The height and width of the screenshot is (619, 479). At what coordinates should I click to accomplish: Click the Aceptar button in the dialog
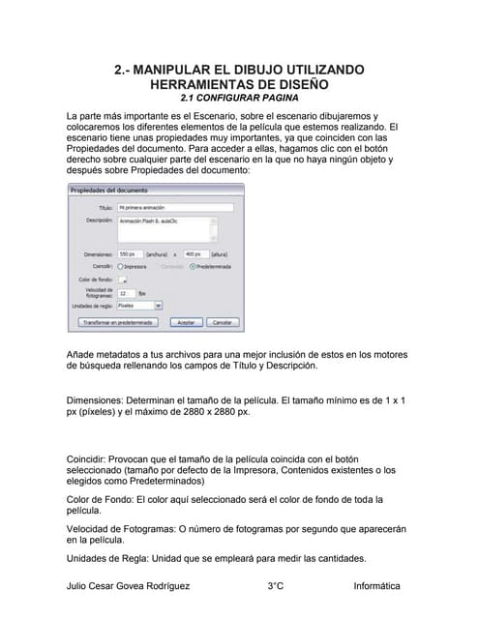click(x=186, y=322)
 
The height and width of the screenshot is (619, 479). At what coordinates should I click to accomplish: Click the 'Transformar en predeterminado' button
click(x=108, y=322)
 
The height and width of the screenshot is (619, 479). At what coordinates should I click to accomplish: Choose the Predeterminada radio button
click(x=193, y=265)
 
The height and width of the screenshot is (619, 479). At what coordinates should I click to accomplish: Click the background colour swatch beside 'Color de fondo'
click(x=122, y=279)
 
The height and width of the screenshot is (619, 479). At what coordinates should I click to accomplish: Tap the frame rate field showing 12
click(x=126, y=292)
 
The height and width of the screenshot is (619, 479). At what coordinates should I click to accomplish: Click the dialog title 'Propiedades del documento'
click(x=108, y=190)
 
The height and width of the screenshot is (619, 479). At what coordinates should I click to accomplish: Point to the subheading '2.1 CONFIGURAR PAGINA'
click(x=239, y=98)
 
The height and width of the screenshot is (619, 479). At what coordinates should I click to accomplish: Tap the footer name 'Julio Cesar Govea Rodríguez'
click(x=128, y=586)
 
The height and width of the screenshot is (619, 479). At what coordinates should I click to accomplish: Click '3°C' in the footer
click(x=276, y=586)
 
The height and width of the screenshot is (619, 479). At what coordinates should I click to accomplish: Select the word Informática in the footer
click(x=376, y=586)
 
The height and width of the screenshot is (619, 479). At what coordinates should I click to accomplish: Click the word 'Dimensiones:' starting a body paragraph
click(x=97, y=399)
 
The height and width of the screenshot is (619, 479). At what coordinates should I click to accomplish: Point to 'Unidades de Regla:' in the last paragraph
click(x=107, y=559)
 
